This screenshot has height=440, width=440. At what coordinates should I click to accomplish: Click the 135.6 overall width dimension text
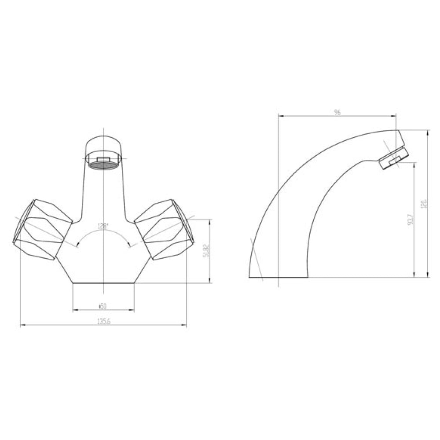click(x=103, y=321)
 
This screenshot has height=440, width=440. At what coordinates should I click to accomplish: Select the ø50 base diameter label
click(x=103, y=306)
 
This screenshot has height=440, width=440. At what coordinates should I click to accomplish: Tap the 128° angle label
click(x=103, y=226)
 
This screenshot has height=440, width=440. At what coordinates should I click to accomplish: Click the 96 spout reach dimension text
click(x=337, y=113)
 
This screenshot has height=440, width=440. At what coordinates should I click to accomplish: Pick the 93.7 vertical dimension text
click(x=410, y=219)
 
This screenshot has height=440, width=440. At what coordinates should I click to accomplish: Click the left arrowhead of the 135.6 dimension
click(x=22, y=326)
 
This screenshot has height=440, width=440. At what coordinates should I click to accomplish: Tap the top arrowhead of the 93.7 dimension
click(x=414, y=165)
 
